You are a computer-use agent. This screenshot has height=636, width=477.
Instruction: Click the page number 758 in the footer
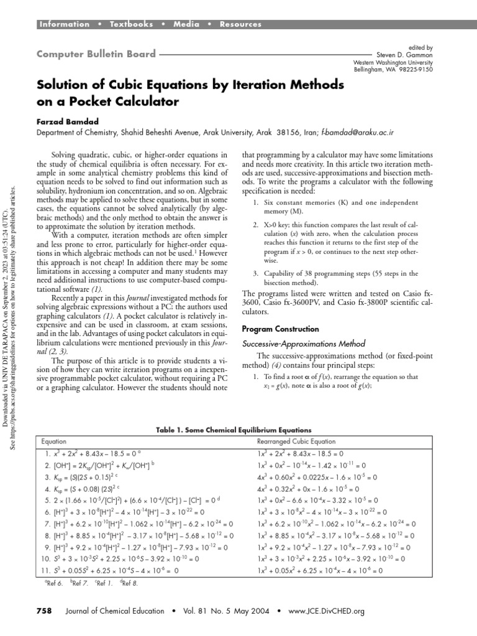(x=43, y=611)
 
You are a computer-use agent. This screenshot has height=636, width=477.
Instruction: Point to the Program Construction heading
(x=280, y=329)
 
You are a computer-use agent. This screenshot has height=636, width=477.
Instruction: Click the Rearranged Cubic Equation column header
(x=298, y=441)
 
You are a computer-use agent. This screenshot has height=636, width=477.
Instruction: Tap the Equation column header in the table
(x=53, y=441)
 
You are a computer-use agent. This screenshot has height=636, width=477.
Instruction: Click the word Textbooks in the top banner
(x=131, y=24)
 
